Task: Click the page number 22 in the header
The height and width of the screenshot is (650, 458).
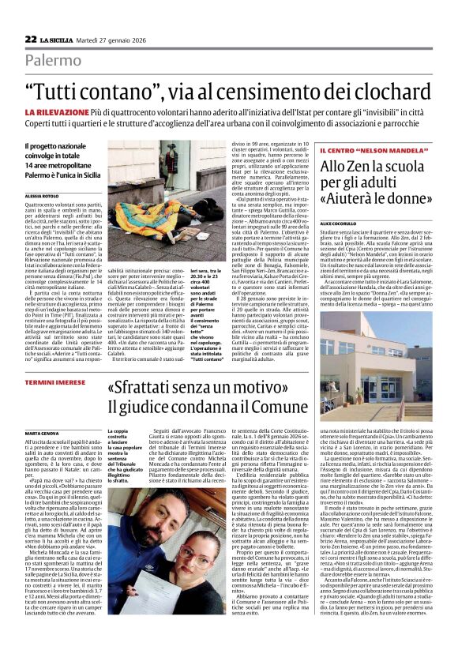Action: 30,39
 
